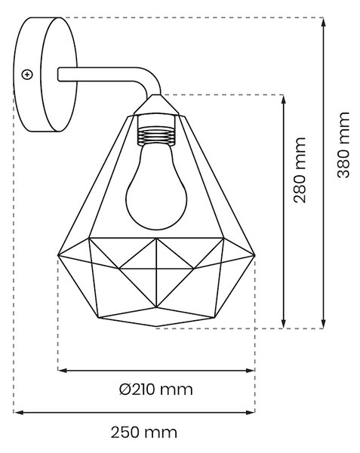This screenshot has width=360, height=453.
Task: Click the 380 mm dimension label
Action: (x=343, y=145)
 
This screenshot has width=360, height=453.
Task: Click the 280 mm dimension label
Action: (x=300, y=170)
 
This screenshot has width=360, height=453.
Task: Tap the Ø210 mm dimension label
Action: (x=156, y=390)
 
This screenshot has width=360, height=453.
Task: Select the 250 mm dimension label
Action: (x=143, y=433)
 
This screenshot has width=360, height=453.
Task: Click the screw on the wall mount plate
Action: (x=27, y=75)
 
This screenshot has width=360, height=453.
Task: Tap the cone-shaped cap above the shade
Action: (x=156, y=105)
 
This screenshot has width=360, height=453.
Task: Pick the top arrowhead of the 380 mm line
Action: (x=324, y=22)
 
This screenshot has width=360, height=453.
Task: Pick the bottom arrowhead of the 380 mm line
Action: (x=324, y=324)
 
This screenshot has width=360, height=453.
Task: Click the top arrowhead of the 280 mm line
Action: (x=284, y=100)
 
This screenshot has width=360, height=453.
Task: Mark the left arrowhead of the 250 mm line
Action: (x=18, y=412)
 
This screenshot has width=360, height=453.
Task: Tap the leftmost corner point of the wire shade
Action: (x=58, y=255)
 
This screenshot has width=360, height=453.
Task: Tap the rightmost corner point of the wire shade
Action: (x=254, y=255)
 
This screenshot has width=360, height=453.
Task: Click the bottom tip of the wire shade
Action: (x=156, y=327)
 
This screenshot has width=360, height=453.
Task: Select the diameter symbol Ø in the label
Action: (x=125, y=390)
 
